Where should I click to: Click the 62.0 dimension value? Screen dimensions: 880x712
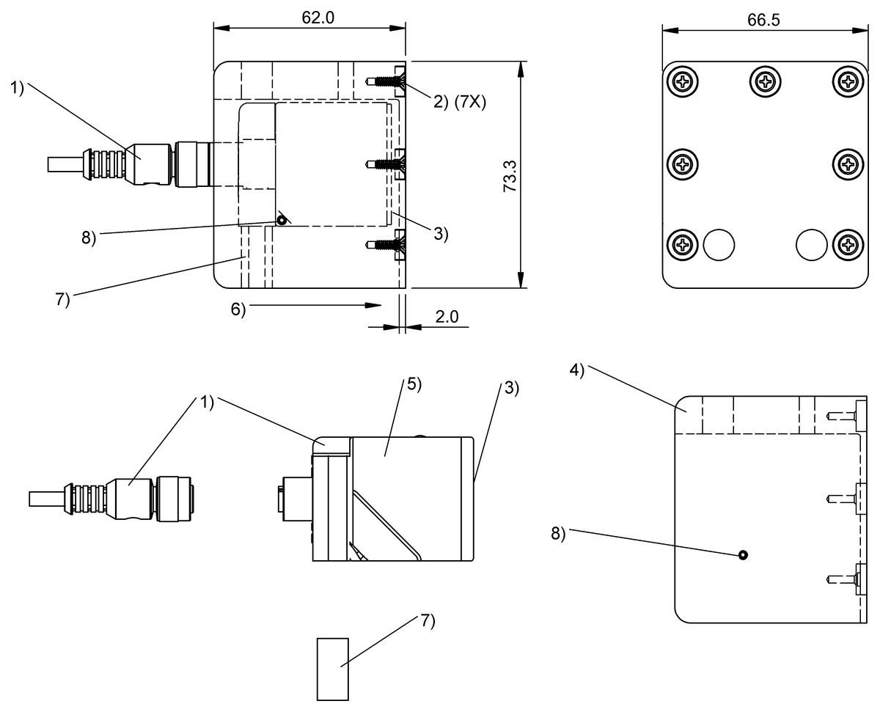(x=318, y=18)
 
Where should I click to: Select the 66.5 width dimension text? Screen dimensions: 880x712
(x=763, y=20)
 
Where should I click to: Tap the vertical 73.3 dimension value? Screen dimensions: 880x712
(x=510, y=176)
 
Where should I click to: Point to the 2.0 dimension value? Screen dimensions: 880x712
(x=447, y=317)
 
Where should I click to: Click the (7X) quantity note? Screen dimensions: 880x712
(x=470, y=102)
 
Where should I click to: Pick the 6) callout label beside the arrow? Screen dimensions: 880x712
(x=238, y=309)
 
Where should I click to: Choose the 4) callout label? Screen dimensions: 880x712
(x=576, y=370)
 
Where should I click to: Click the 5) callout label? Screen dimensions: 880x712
(x=414, y=384)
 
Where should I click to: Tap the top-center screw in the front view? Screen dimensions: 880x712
(x=765, y=81)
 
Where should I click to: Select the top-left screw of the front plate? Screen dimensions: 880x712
(x=683, y=81)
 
